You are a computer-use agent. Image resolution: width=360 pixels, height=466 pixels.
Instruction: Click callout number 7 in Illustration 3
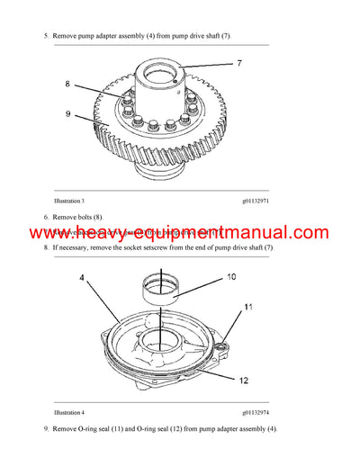click(x=240, y=63)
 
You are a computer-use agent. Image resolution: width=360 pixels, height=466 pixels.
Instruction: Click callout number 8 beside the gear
click(x=67, y=84)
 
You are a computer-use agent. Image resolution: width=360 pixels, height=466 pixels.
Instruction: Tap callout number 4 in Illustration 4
click(x=82, y=279)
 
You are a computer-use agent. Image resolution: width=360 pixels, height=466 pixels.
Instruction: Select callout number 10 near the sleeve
click(x=230, y=275)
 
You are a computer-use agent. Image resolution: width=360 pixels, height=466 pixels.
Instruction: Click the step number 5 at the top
click(x=45, y=36)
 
